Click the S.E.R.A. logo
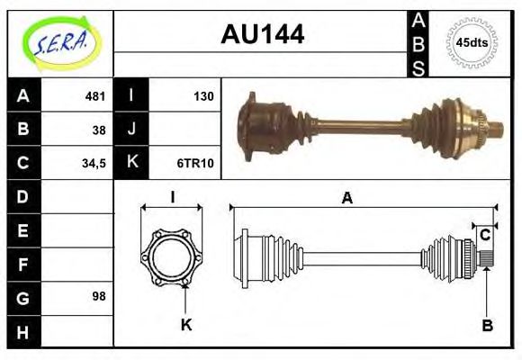coord(59,42)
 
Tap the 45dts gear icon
coord(471,42)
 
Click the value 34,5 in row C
coord(94,163)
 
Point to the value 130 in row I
coord(203,96)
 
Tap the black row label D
coord(23,196)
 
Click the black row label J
coord(131,130)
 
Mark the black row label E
coord(23,229)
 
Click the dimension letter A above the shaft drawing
coord(346,199)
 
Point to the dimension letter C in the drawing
coord(484,235)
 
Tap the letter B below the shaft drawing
coord(487,326)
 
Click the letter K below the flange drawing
coord(186,326)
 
